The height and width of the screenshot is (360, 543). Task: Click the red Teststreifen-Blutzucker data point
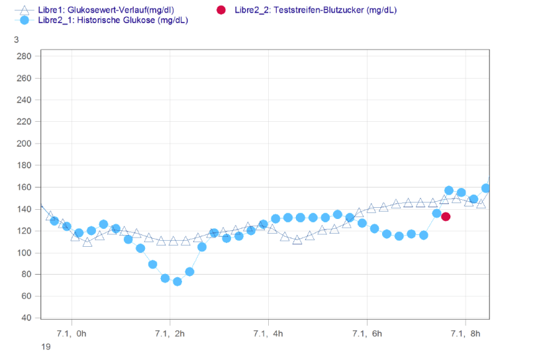[446, 216]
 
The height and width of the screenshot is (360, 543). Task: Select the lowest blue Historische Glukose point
[177, 281]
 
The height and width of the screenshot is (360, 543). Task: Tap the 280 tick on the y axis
[24, 56]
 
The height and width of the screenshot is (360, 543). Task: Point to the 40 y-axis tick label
[26, 318]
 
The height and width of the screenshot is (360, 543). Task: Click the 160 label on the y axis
[24, 187]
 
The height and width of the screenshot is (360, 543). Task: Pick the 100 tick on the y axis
[24, 253]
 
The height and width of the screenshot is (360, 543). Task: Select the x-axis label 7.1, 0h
[72, 333]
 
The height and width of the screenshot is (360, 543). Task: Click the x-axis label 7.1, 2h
[170, 333]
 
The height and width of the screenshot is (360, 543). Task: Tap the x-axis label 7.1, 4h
[268, 333]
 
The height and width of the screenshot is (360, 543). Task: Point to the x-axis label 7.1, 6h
[366, 333]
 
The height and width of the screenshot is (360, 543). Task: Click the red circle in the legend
[221, 10]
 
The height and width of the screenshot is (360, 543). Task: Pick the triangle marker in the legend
[25, 10]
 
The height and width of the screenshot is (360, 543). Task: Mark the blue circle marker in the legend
[25, 21]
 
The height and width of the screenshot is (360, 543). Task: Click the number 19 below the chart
[45, 346]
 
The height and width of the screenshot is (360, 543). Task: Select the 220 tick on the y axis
[24, 122]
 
